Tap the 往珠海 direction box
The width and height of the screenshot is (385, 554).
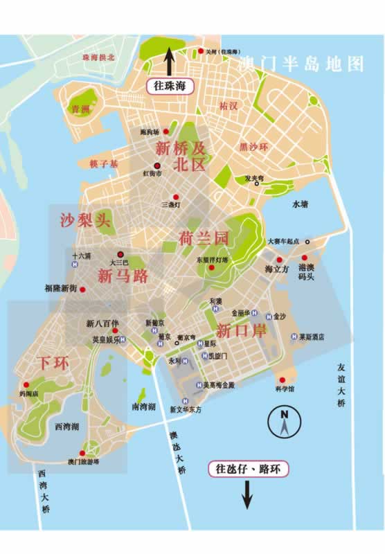[170, 86]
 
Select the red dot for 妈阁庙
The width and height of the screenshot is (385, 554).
[26, 384]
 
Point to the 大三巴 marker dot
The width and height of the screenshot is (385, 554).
[122, 253]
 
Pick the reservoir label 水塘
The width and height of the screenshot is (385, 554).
[299, 204]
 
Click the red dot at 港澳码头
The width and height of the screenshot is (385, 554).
[305, 258]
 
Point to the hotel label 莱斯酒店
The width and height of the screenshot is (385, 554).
[312, 337]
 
